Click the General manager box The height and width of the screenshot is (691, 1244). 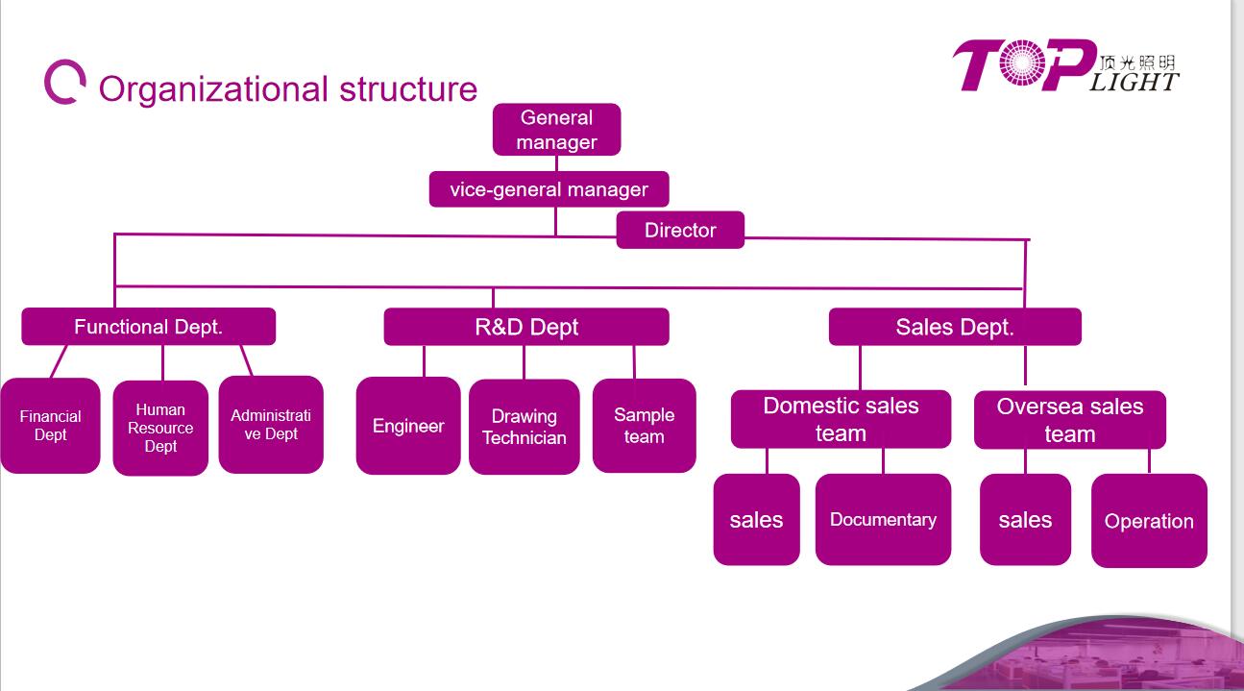point(556,130)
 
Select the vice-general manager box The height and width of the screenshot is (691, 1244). point(549,189)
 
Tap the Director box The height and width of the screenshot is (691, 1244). point(680,230)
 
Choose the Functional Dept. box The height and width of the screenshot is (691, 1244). point(148,327)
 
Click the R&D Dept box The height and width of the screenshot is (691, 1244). point(526,327)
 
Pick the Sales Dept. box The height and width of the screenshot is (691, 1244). point(955,327)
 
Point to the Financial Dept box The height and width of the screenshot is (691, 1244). point(51,426)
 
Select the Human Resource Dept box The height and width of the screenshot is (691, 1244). point(160,428)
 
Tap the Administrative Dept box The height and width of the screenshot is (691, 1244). point(271,425)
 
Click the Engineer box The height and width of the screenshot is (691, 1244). point(408,426)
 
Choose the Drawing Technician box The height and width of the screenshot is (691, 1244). point(524,427)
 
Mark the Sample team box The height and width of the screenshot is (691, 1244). point(645,426)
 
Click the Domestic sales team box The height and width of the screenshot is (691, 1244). point(841,419)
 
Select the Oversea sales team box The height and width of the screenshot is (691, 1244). point(1070,420)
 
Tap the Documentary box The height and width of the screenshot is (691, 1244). point(883,519)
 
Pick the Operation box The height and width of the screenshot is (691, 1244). point(1149,521)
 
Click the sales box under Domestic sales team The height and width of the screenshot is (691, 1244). point(756,519)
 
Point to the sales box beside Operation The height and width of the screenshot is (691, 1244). point(1025,519)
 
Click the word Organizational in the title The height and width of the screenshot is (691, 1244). point(213,90)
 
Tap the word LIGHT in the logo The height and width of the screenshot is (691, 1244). point(1134,83)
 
